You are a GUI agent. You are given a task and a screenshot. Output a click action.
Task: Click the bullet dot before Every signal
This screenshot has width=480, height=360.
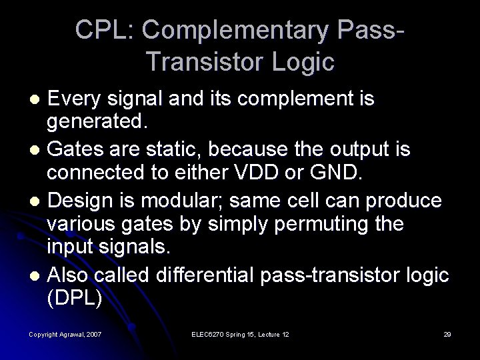37,100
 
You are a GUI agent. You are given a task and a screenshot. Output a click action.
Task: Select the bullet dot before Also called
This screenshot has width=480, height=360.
37,273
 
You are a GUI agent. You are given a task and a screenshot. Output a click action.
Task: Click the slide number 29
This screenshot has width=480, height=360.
447,333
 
